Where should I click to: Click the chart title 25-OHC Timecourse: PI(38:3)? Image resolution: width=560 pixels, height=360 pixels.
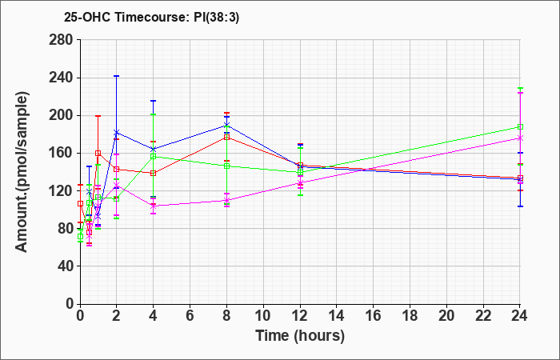pos(151,17)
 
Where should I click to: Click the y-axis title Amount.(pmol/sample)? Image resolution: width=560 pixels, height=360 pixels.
pos(22,172)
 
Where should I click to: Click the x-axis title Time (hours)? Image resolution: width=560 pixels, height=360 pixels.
pos(300,336)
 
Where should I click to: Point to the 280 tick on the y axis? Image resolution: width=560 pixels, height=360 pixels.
pos(64,40)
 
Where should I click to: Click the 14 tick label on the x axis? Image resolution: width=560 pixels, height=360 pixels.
pos(337,316)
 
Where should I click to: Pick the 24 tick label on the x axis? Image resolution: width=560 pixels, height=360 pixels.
pos(520,316)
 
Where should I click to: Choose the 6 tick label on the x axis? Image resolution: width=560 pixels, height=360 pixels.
pos(190,316)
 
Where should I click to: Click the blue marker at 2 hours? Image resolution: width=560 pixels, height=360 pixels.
pos(117,133)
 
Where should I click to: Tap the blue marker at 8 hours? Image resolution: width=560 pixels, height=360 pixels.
pos(226,125)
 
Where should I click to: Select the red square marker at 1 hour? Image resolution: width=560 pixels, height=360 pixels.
pos(98,154)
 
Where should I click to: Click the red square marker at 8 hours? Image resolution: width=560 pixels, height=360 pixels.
pos(226,137)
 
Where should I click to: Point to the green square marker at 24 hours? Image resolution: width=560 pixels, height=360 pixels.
pos(520,126)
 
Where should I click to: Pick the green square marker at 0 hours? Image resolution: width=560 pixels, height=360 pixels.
pos(80,237)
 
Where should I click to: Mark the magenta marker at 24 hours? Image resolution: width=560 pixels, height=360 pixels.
pos(520,138)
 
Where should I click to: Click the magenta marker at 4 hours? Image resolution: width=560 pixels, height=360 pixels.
pos(154,206)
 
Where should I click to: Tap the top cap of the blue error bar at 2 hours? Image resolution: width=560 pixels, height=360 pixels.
pos(117,76)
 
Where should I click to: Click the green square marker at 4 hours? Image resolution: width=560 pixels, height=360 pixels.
pos(154,156)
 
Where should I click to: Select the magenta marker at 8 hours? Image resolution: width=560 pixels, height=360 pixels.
pos(226,200)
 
